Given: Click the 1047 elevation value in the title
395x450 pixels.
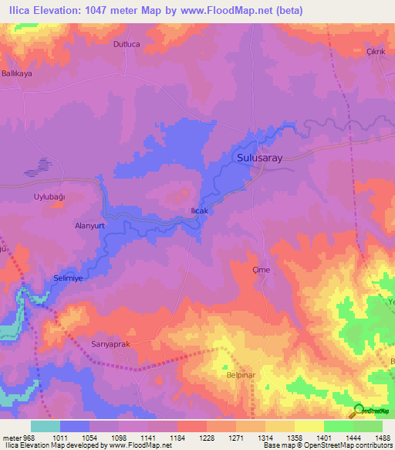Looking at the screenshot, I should coord(84,11).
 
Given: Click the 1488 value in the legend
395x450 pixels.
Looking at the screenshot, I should coord(382,437).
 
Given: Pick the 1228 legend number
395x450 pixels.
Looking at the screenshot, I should coord(208,437).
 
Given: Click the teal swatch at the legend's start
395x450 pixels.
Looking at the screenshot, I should coord(46,426).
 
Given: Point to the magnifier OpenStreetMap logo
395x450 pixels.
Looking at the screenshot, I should coord(358,410).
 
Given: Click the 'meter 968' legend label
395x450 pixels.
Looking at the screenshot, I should coord(19,437).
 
